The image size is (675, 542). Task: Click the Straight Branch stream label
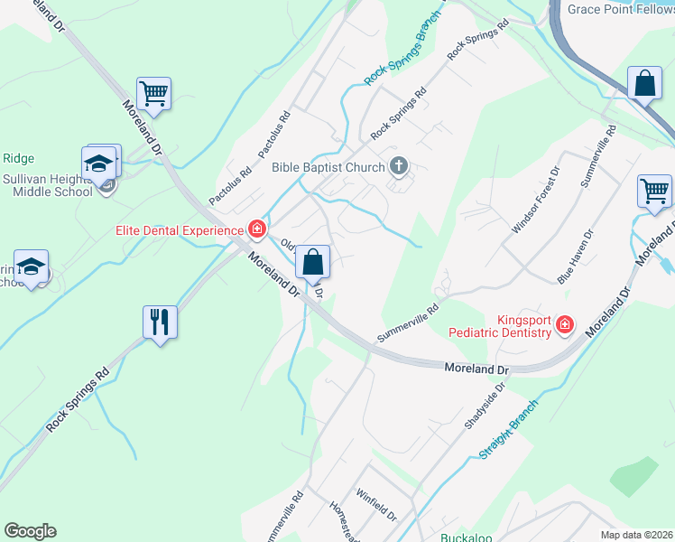click(510, 427)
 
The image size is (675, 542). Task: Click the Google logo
click(30, 531)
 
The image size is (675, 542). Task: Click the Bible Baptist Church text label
click(328, 167)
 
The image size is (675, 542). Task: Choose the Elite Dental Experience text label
click(181, 229)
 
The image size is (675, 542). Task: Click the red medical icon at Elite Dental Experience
click(257, 229)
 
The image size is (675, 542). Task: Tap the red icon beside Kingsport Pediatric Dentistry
click(565, 324)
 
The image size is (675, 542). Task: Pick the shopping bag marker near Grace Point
click(645, 84)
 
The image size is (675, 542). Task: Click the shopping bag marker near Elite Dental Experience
click(313, 263)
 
